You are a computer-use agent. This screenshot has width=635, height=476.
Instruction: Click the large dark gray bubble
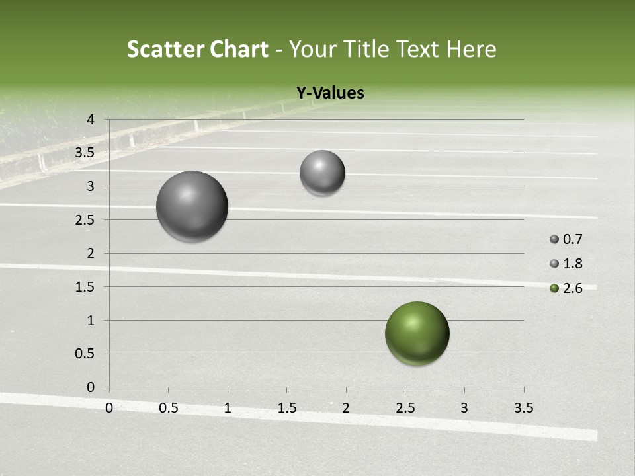click(x=192, y=206)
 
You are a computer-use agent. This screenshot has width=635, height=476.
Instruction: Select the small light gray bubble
click(x=322, y=173)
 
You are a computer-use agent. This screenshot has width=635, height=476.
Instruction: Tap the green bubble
click(x=417, y=333)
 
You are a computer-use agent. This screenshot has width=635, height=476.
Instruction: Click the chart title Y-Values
click(x=329, y=93)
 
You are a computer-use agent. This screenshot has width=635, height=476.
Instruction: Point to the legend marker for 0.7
click(x=554, y=239)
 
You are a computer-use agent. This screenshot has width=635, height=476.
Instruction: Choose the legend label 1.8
click(x=572, y=264)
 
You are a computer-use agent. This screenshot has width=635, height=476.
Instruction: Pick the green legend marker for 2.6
click(x=554, y=288)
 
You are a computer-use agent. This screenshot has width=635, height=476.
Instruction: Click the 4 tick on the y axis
click(x=91, y=120)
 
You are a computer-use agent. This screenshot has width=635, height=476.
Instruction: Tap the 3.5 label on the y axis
click(x=86, y=153)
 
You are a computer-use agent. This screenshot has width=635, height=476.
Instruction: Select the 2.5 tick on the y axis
click(x=86, y=219)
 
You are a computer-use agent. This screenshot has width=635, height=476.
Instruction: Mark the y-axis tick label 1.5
click(x=86, y=287)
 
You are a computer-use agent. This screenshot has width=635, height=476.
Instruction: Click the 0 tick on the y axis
click(x=91, y=387)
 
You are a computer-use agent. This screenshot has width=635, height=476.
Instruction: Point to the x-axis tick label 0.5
click(x=169, y=408)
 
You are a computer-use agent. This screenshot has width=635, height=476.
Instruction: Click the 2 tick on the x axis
click(x=346, y=408)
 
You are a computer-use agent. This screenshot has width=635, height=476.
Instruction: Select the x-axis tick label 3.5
click(x=523, y=408)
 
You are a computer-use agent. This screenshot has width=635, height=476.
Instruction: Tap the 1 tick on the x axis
click(x=228, y=408)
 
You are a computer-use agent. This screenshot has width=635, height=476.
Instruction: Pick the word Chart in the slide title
click(x=237, y=49)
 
